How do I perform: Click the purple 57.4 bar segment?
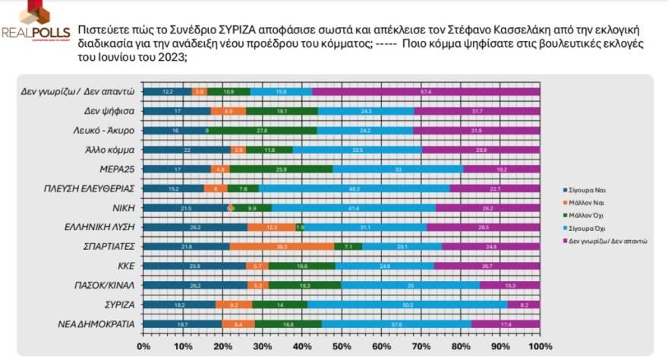point(426,92)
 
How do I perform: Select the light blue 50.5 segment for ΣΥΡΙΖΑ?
point(408,304)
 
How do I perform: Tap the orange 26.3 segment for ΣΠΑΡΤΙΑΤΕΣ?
point(282,246)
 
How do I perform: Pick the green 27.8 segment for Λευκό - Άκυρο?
point(262,131)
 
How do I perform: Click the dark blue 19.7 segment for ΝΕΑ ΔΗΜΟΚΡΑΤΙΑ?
point(182,324)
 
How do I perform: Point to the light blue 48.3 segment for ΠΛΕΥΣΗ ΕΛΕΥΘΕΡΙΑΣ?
point(354,188)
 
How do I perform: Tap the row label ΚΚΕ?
point(124,266)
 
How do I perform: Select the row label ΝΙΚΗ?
point(123,207)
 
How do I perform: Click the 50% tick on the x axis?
point(342,346)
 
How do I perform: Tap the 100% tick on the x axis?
point(538,346)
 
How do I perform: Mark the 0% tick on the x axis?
point(143,346)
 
